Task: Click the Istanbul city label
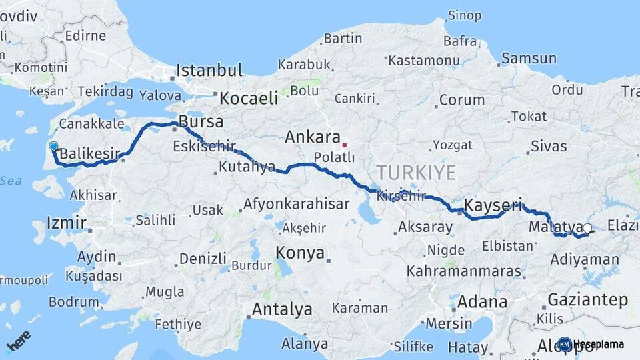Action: [x=209, y=70]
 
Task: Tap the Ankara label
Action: [x=313, y=137]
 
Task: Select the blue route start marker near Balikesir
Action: [x=53, y=146]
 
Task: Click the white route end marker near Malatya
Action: [x=587, y=229]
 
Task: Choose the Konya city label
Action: [x=301, y=253]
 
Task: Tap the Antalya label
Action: [x=282, y=309]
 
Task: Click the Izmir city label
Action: [x=67, y=222]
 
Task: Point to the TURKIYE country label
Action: [x=415, y=173]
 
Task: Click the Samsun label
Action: [x=528, y=59]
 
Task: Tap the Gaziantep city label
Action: [x=587, y=299]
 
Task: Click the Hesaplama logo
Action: [x=592, y=344]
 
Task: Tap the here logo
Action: [x=19, y=341]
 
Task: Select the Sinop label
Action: [x=465, y=15]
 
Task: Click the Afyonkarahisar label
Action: [x=296, y=204]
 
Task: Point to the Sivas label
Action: [x=549, y=147]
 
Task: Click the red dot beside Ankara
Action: [x=345, y=144]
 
